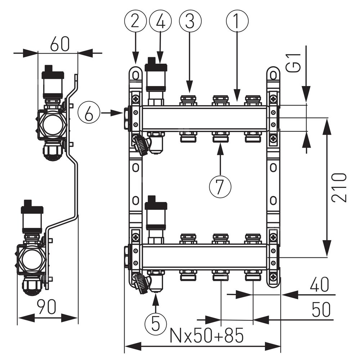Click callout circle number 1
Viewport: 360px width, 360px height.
pos(237,22)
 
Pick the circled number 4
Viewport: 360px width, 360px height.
pos(161,22)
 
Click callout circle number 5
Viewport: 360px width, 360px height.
pos(156,323)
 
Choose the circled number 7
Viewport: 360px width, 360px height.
pos(220,185)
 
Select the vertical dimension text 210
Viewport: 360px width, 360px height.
pos(339,187)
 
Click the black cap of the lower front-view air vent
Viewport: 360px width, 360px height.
pos(156,203)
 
